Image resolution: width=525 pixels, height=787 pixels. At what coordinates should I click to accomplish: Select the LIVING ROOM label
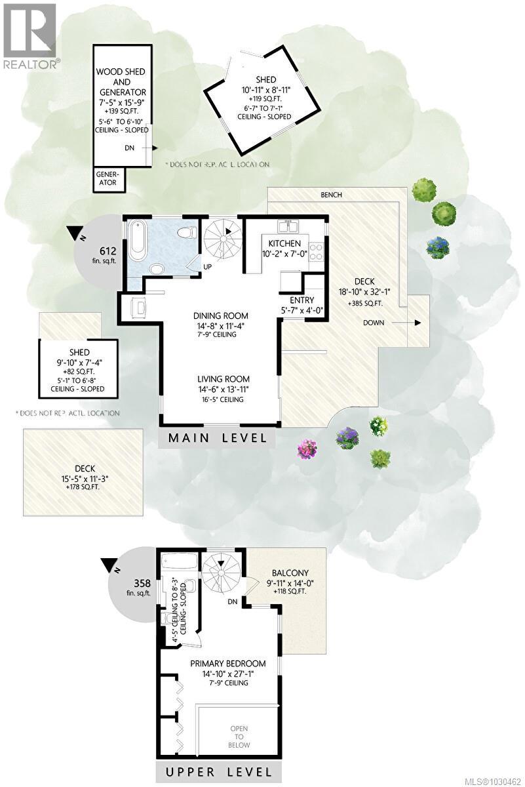pos(224,379)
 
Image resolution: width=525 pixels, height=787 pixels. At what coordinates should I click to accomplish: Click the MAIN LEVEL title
pos(218,438)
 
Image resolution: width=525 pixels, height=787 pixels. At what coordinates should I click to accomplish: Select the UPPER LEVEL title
pos(212,771)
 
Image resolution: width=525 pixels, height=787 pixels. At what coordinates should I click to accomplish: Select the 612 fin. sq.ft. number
pos(108,251)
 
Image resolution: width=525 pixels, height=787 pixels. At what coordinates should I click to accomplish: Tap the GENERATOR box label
pos(107,179)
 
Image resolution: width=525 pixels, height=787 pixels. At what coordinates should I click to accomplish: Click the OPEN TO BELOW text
pos(239,735)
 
